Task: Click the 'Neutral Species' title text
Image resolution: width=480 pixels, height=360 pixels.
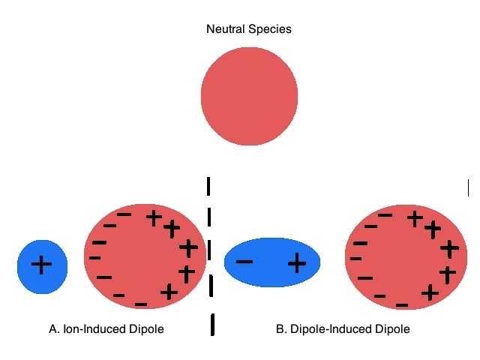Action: [248, 30]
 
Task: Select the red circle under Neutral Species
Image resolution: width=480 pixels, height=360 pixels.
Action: [249, 96]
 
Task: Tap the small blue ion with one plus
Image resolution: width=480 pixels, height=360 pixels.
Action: [43, 265]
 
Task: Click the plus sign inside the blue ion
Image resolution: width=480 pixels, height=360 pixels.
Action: [42, 264]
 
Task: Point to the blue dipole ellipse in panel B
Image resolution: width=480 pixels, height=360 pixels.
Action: [271, 262]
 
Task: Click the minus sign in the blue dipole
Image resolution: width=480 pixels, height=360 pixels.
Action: [244, 262]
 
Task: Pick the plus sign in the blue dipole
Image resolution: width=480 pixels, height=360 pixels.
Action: [297, 262]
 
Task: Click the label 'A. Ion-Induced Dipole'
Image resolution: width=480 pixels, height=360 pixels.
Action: [106, 328]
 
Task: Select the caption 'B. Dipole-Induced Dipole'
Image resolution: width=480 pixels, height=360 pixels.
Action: [343, 328]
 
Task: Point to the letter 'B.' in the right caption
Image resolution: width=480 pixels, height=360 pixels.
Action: [281, 328]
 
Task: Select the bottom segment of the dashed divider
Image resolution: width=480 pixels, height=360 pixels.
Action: [214, 324]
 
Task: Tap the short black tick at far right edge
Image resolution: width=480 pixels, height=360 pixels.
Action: [468, 187]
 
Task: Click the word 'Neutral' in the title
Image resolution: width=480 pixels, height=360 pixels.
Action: [225, 30]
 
